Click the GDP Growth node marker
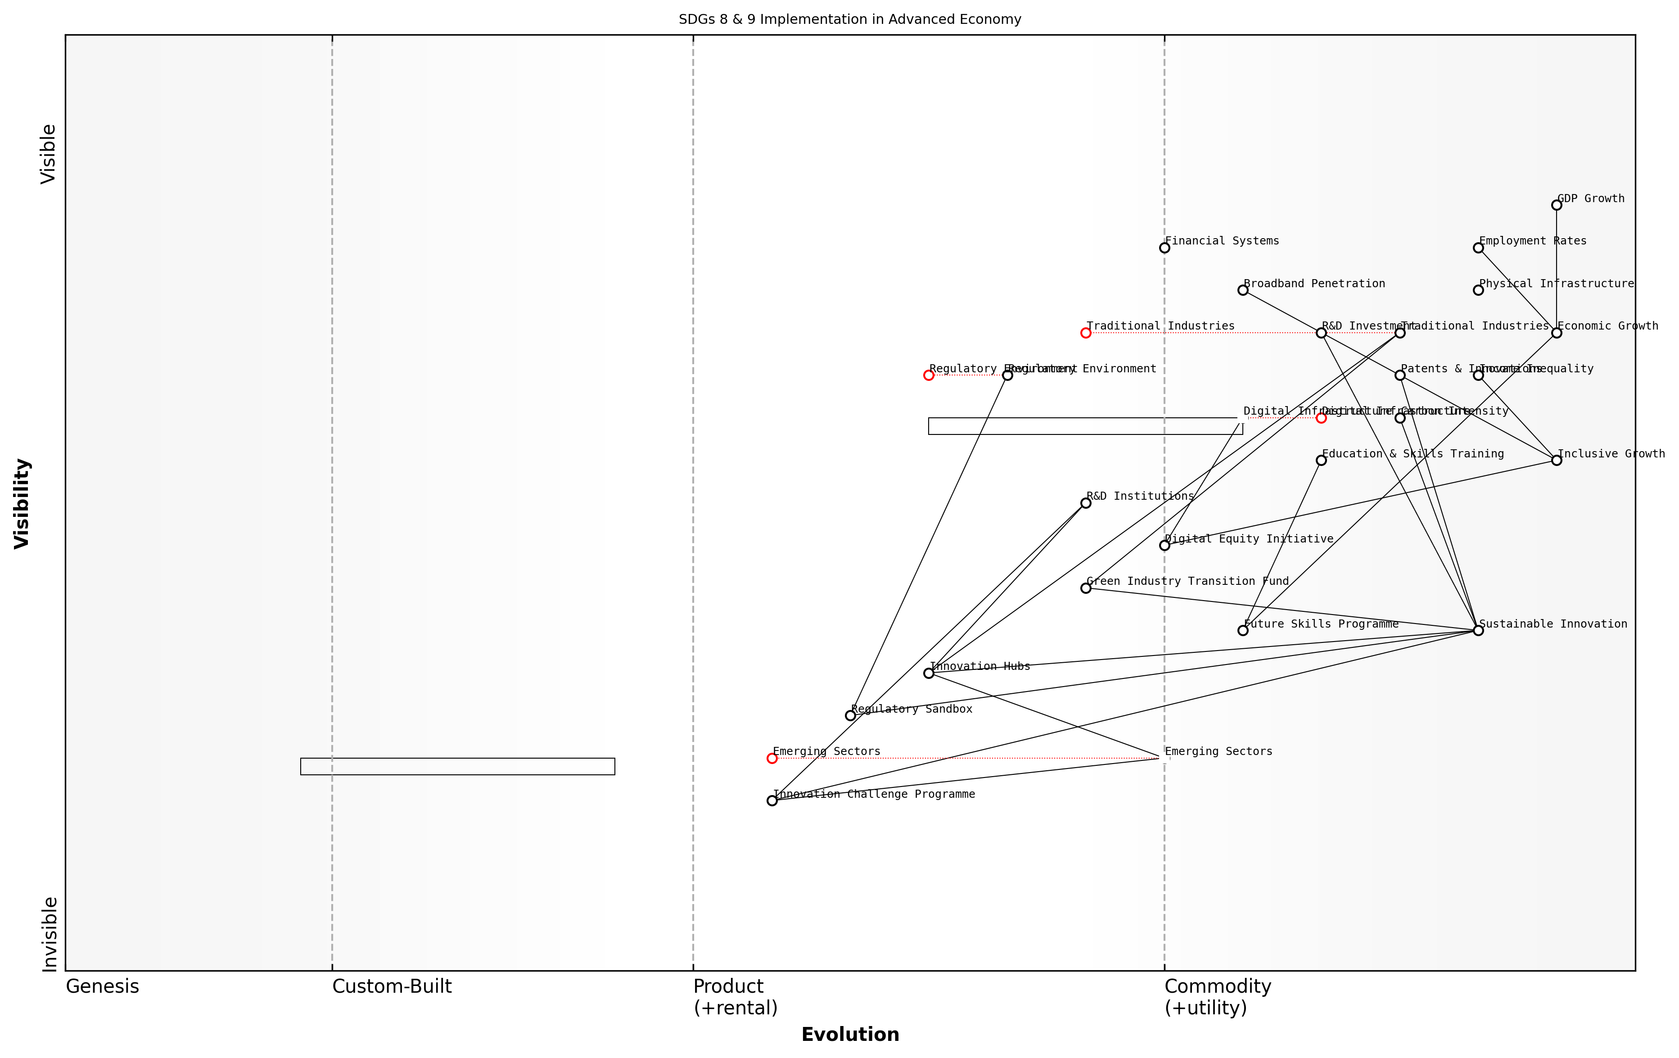[1556, 205]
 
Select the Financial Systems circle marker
[1164, 248]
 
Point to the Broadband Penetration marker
[1242, 290]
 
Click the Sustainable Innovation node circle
[1478, 630]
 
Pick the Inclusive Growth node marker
[1556, 460]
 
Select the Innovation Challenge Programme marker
[772, 800]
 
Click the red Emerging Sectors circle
[772, 758]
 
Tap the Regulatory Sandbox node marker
[850, 715]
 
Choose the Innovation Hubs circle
[929, 673]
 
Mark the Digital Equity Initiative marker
[1164, 545]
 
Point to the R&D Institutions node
[1086, 503]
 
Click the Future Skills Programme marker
[1242, 630]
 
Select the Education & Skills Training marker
[1321, 460]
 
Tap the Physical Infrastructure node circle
[1478, 290]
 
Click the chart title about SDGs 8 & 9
[850, 19]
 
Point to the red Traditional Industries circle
[1086, 333]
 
